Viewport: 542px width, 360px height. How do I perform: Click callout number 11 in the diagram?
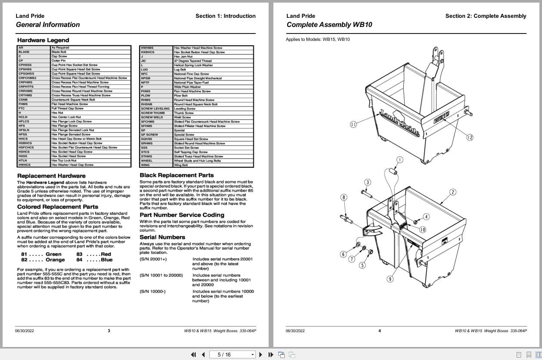pyautogui.click(x=353, y=124)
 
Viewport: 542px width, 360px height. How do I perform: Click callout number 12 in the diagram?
pyautogui.click(x=469, y=137)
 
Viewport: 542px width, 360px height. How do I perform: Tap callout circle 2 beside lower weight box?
pyautogui.click(x=452, y=192)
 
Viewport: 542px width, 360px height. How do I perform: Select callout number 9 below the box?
pyautogui.click(x=390, y=279)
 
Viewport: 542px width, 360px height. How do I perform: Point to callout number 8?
pyautogui.click(x=344, y=197)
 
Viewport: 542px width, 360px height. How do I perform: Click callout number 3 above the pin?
pyautogui.click(x=367, y=182)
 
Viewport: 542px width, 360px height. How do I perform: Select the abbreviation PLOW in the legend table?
pyautogui.click(x=146, y=96)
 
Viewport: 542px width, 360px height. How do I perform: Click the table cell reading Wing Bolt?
pyautogui.click(x=181, y=165)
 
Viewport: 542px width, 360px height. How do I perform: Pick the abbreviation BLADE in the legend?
pyautogui.click(x=24, y=52)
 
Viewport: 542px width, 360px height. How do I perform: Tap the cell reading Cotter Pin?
pyautogui.click(x=58, y=61)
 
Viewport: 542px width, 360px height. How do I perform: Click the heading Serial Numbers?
pyautogui.click(x=162, y=237)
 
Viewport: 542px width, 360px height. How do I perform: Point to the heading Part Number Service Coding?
pyautogui.click(x=182, y=215)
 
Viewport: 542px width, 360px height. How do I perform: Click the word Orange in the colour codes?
pyautogui.click(x=55, y=260)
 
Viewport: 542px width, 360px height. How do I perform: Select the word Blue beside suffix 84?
pyautogui.click(x=106, y=260)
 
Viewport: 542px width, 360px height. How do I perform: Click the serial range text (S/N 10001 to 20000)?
pyautogui.click(x=161, y=275)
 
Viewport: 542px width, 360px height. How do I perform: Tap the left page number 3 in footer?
pyautogui.click(x=109, y=330)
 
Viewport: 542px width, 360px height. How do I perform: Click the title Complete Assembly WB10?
pyautogui.click(x=329, y=25)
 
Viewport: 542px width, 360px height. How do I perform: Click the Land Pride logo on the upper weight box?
pyautogui.click(x=399, y=123)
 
